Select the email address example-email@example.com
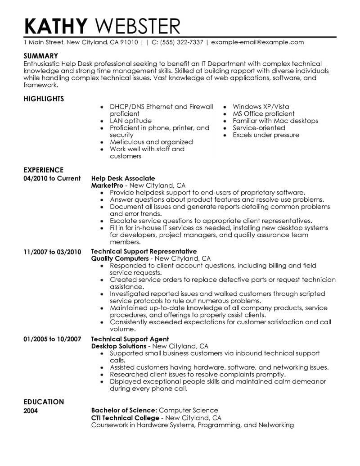pyautogui.click(x=257, y=42)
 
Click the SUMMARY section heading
pyautogui.click(x=40, y=56)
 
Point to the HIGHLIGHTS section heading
pyautogui.click(x=44, y=99)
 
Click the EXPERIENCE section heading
pyautogui.click(x=43, y=170)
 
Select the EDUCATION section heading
pyautogui.click(x=43, y=402)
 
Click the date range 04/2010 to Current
pyautogui.click(x=52, y=178)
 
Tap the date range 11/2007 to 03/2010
pyautogui.click(x=52, y=252)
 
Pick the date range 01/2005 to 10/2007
pyautogui.click(x=52, y=339)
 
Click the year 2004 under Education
pyautogui.click(x=31, y=411)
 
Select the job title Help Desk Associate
pyautogui.click(x=123, y=178)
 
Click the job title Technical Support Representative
pyautogui.click(x=144, y=251)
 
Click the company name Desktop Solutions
pyautogui.click(x=118, y=346)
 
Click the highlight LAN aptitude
pyautogui.click(x=130, y=121)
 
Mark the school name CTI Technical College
pyautogui.click(x=125, y=418)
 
